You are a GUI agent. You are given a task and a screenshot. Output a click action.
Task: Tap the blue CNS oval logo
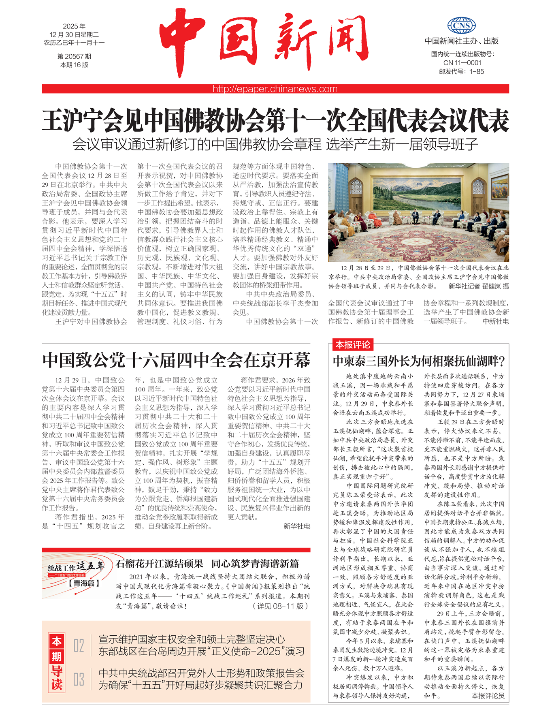[x=461, y=26]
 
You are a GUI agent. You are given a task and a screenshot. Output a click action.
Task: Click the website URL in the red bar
[x=275, y=89]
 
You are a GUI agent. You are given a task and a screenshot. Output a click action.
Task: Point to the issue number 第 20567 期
[x=74, y=56]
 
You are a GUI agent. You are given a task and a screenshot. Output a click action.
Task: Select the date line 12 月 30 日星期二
[x=74, y=35]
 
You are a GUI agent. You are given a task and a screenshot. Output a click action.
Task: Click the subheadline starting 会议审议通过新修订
[x=275, y=144]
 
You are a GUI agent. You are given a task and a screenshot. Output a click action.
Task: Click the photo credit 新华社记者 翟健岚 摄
[x=479, y=286]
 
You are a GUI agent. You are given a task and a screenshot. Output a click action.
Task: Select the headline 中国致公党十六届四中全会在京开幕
[x=176, y=360]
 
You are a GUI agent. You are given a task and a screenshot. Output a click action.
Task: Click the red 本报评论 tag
[x=352, y=345]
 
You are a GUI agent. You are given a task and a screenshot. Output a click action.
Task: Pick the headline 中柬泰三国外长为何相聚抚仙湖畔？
[x=419, y=361]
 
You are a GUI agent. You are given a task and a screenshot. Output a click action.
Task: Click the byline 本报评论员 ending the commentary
[x=488, y=696]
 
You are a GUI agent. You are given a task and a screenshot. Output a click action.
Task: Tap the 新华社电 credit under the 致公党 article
[x=297, y=526]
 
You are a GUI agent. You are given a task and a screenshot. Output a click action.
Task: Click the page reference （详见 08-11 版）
[x=281, y=606]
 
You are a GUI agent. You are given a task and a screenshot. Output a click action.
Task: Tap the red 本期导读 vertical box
[x=56, y=663]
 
